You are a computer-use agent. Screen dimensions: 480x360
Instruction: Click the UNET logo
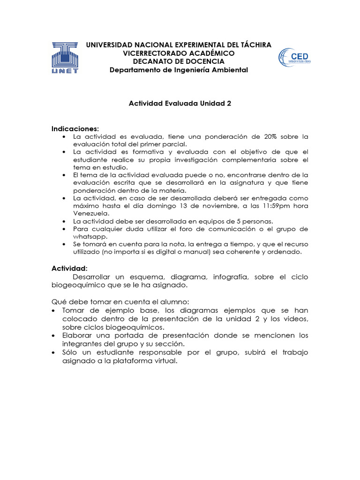point(65,58)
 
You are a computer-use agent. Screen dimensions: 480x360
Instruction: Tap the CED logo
point(294,58)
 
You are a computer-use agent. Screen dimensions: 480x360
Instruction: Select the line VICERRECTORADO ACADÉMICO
point(179,53)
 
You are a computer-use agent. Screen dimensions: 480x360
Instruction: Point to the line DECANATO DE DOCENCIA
point(179,61)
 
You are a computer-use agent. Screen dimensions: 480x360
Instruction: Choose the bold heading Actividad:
point(69,268)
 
